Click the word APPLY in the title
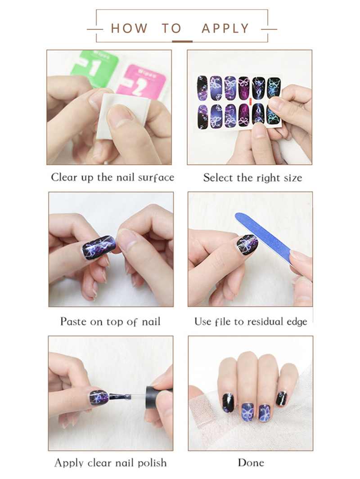225,28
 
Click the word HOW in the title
129,28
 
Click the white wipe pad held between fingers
122,116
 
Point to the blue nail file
264,238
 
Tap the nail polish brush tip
121,397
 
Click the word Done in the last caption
251,462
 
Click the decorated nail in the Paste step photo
99,247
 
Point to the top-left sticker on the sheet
202,88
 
